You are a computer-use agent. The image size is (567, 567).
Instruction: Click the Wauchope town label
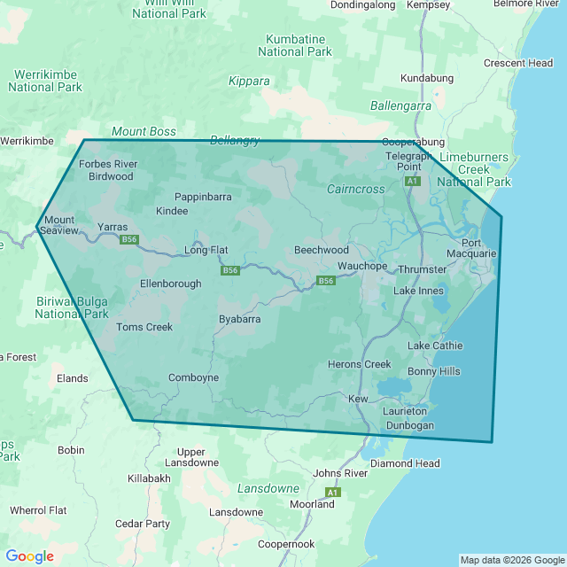click(x=361, y=266)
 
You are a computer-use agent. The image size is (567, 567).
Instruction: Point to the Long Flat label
click(x=206, y=250)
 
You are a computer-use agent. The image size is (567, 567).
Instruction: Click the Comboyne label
click(x=193, y=377)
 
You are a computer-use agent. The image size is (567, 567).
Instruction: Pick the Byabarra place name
click(x=239, y=319)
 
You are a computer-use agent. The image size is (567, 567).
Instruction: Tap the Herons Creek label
click(x=359, y=364)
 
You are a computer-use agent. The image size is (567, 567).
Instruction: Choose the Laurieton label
click(x=405, y=411)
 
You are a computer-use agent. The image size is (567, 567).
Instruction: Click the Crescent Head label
click(x=518, y=63)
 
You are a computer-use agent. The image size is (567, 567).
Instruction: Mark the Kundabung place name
click(x=426, y=78)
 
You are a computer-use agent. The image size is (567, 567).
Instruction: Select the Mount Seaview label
click(x=59, y=225)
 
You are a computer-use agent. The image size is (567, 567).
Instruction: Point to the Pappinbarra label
click(x=203, y=196)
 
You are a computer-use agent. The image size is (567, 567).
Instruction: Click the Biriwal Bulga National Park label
click(x=72, y=307)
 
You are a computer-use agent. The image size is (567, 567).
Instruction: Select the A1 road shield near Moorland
click(x=332, y=492)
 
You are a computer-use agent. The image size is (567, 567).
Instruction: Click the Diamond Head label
click(x=405, y=463)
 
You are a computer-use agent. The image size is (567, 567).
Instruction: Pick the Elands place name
click(x=72, y=378)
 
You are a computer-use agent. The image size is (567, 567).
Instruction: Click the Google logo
click(x=29, y=556)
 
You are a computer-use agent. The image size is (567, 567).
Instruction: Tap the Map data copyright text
click(x=511, y=560)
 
